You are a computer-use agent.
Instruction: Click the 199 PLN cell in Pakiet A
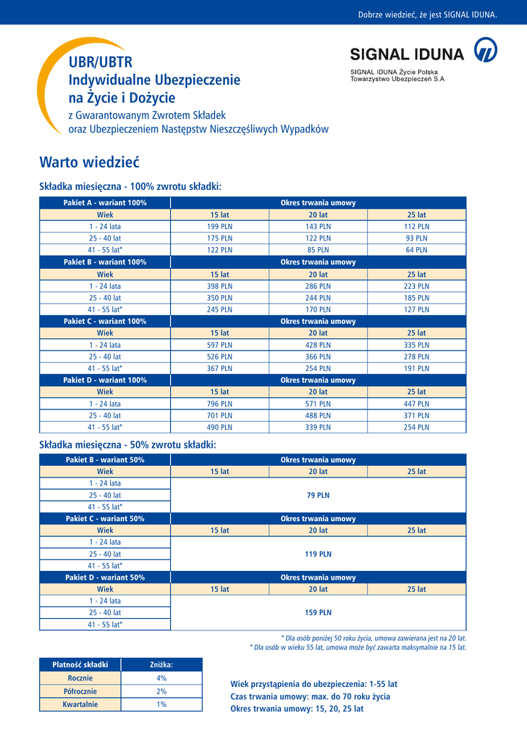coord(219,227)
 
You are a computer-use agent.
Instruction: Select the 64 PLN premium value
coord(416,250)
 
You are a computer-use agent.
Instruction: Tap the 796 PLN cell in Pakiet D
coord(219,404)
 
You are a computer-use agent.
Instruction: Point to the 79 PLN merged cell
coord(318,495)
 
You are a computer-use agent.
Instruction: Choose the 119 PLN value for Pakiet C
coord(318,554)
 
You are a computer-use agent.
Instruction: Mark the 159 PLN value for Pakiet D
coord(318,612)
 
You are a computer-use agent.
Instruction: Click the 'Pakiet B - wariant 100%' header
coord(105,262)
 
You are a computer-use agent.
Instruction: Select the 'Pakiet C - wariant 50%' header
coord(105,519)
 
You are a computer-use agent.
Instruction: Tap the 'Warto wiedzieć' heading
coord(89,161)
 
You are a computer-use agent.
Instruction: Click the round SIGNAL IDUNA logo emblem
coord(485,52)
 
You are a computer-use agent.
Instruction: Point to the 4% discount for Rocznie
coord(161,678)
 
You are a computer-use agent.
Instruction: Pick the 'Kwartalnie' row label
coord(80,704)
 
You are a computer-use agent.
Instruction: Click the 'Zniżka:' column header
coord(161,664)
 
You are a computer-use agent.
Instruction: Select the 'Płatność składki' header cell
coord(80,664)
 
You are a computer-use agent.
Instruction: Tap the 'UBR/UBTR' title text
coord(101,62)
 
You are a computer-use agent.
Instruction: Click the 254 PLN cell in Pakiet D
coord(416,428)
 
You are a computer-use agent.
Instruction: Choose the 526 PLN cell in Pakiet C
coord(219,357)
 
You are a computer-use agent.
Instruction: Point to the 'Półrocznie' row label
coord(80,691)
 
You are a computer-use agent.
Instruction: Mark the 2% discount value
coord(161,691)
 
